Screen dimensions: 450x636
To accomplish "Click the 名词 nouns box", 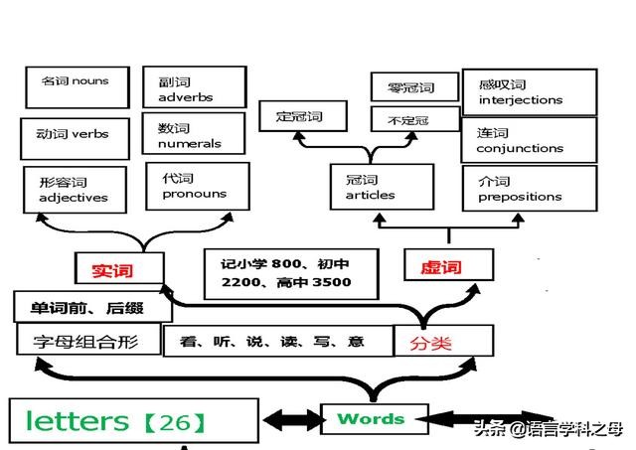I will pos(77,86).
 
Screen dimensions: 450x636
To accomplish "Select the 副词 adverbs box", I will pos(194,88).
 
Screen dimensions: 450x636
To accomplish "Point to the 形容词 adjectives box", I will pos(75,190).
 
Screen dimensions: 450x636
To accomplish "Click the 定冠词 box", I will pos(298,117).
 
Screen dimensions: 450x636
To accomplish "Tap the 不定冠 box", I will pos(413,120).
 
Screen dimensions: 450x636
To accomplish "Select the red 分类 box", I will pos(443,343).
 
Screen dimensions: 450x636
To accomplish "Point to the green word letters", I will pos(77,421).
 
